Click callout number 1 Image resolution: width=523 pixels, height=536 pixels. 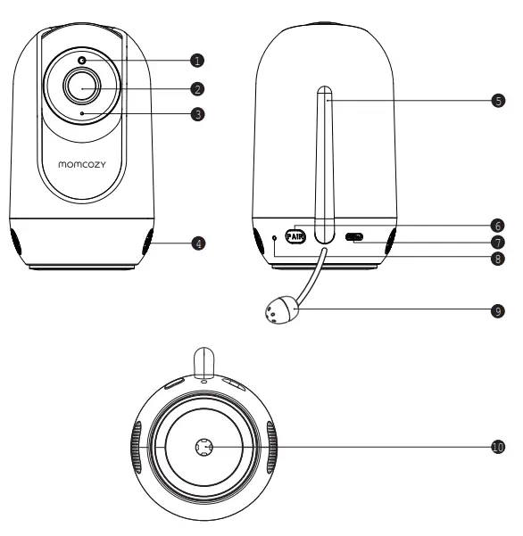tap(198, 60)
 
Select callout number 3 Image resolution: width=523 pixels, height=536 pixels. tap(198, 114)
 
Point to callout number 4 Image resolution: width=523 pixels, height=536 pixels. tap(198, 243)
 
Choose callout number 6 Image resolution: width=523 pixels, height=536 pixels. tap(499, 225)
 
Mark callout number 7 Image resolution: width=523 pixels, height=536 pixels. tap(499, 241)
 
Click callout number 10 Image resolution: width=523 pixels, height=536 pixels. tap(499, 447)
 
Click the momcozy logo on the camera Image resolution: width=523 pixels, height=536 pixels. tap(82, 164)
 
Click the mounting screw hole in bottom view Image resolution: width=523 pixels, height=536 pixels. tap(203, 448)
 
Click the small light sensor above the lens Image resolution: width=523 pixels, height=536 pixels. tap(82, 61)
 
